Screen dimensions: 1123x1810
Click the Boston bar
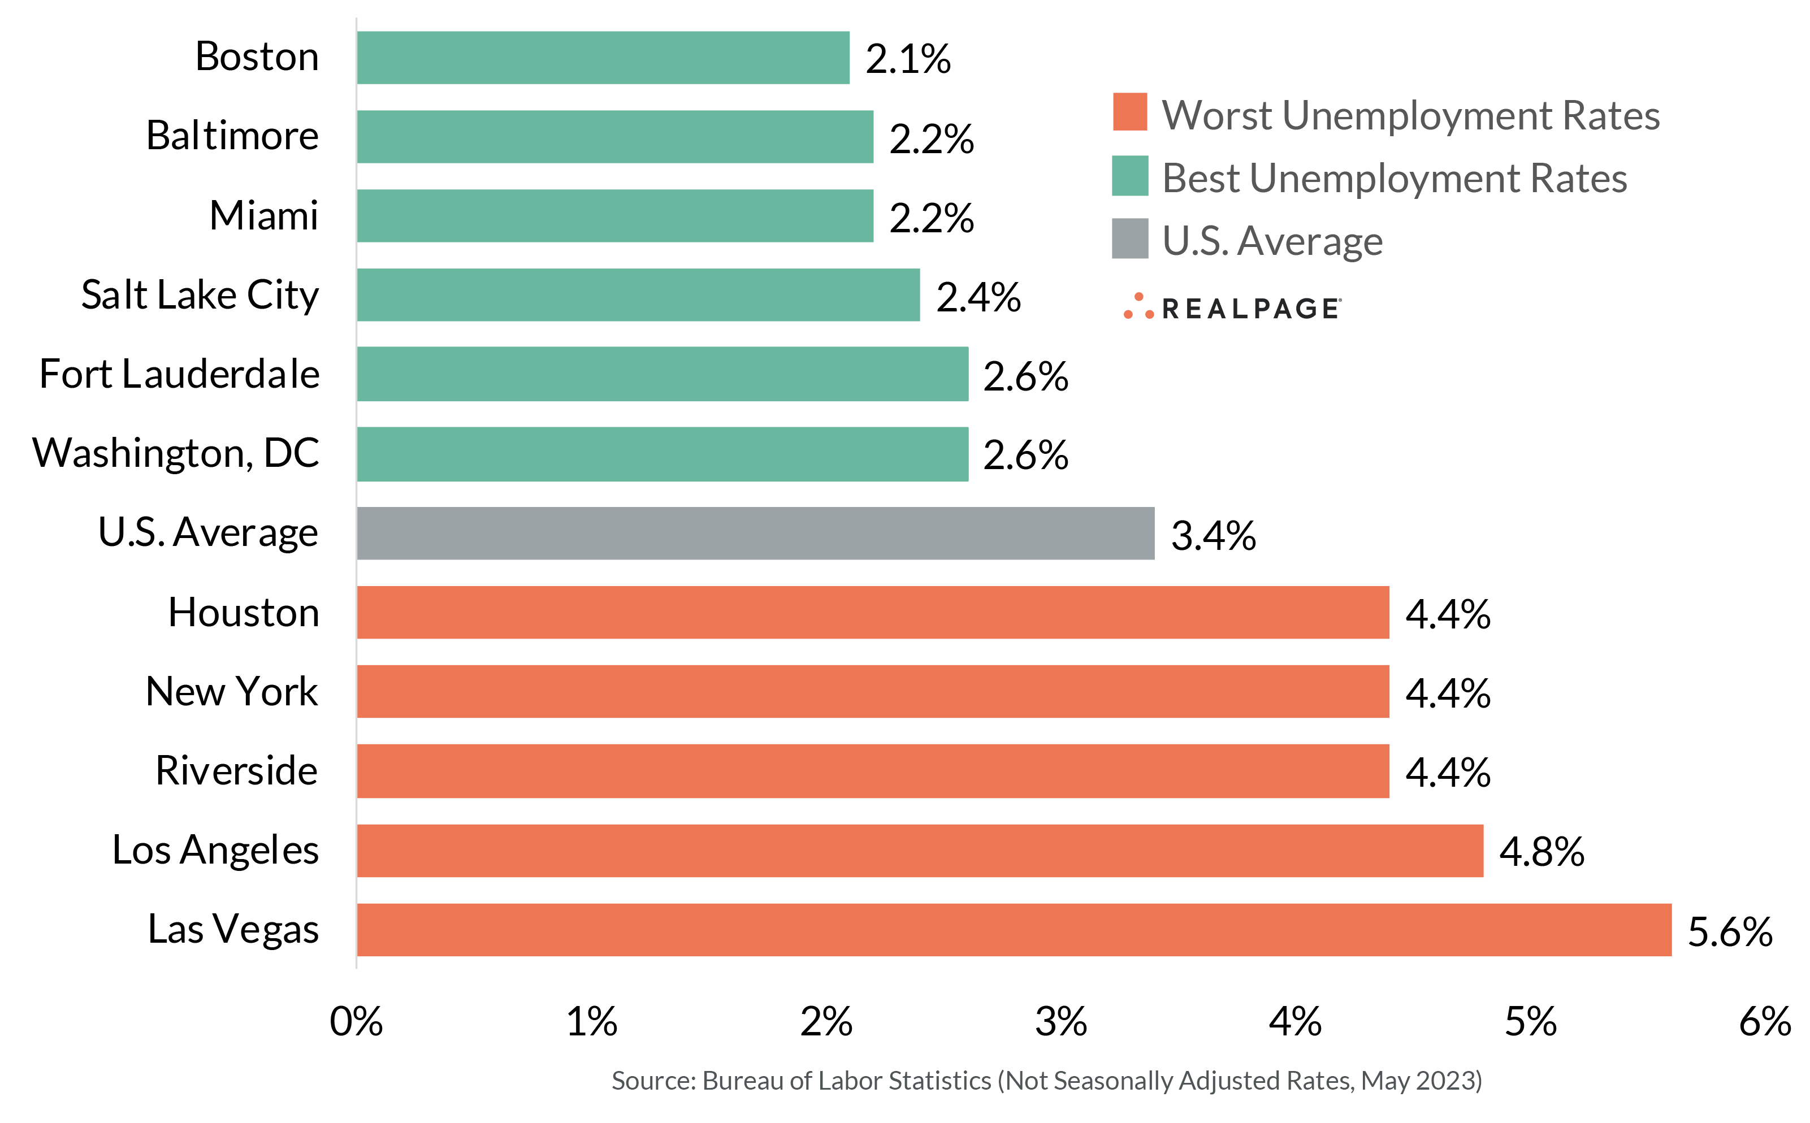603,58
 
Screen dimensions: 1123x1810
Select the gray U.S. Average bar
755,534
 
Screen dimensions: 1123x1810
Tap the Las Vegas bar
1014,930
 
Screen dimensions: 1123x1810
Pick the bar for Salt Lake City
638,295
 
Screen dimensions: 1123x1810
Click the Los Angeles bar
920,851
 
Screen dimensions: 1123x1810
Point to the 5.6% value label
1730,931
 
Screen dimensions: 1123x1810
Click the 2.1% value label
908,59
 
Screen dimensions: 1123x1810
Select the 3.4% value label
1213,536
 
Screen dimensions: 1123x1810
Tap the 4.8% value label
1541,851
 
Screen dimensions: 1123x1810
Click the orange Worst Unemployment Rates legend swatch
1129,112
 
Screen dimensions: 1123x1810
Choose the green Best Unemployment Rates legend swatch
1129,176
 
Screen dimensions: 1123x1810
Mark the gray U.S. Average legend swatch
1129,239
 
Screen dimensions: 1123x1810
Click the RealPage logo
1233,307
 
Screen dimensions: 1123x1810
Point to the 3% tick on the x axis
1060,1022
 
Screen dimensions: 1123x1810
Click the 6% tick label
1765,1022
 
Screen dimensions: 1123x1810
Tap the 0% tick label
357,1022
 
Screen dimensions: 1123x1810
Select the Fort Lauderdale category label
179,374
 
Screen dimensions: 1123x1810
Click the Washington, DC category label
175,453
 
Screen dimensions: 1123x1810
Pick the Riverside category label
236,771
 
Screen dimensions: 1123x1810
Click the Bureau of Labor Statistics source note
1046,1081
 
